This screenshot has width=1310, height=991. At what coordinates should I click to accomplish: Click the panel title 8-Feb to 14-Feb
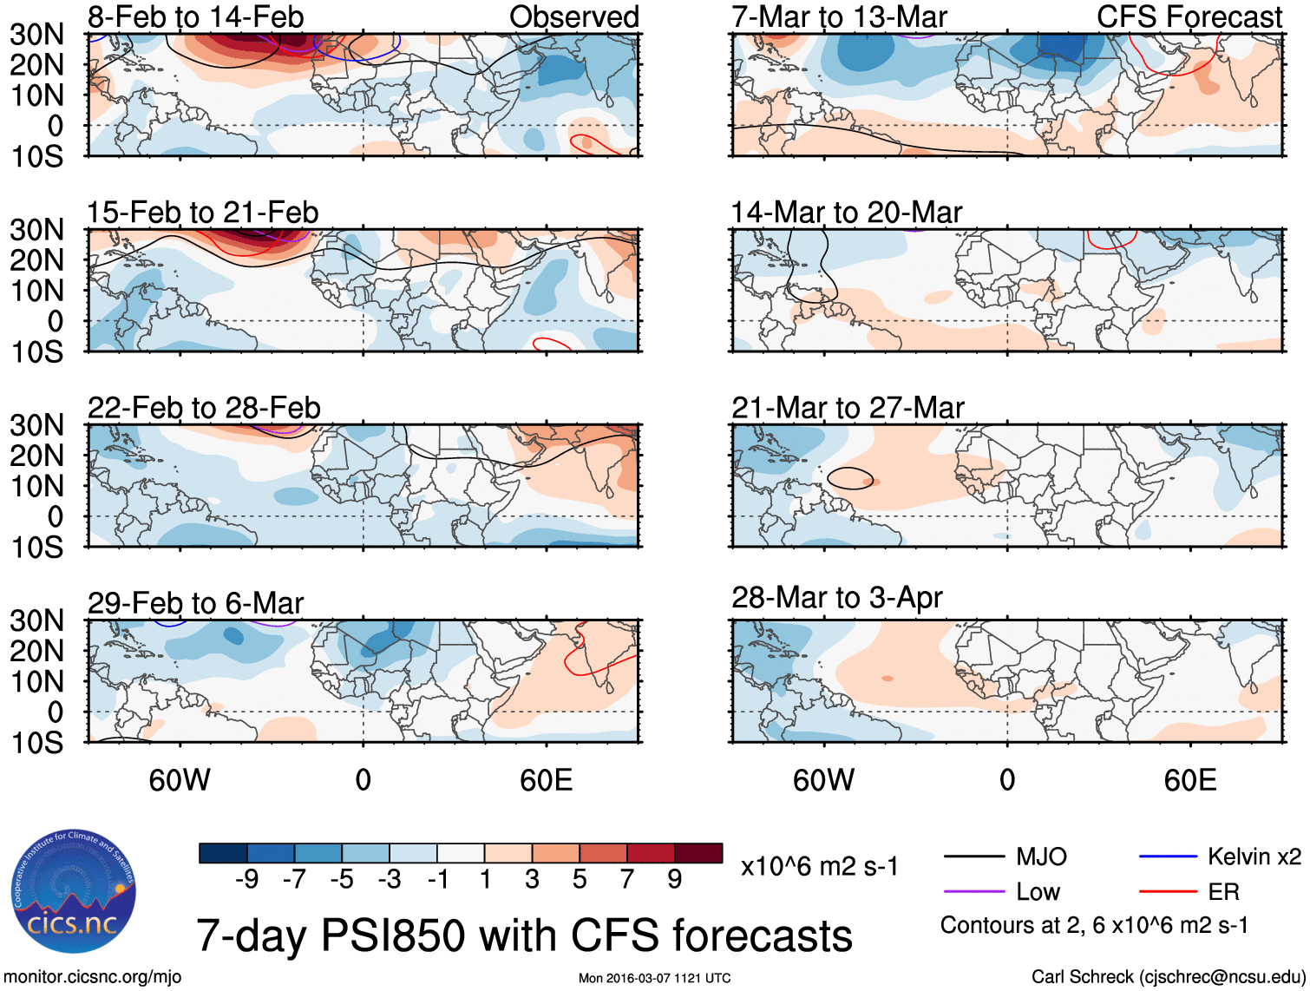point(196,16)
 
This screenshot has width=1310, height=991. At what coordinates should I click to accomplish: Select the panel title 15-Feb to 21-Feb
point(203,213)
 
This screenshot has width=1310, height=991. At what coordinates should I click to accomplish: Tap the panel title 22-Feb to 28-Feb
point(204,408)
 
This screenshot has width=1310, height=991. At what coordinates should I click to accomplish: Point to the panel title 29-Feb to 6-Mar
point(196,603)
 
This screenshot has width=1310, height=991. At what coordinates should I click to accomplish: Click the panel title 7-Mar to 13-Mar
point(839,16)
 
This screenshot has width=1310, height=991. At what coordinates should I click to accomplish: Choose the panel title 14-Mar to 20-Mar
point(847,213)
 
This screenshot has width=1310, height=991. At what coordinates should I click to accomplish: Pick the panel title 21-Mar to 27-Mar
point(848,408)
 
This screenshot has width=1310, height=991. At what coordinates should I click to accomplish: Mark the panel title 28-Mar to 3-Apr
point(837,598)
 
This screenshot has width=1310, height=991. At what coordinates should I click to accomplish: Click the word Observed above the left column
point(574,16)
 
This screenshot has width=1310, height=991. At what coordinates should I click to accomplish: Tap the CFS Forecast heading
point(1189,16)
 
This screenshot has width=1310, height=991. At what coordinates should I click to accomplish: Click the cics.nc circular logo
point(73,891)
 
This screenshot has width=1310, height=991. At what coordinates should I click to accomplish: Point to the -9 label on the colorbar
point(246,880)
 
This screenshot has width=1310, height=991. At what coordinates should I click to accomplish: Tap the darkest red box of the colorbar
point(698,853)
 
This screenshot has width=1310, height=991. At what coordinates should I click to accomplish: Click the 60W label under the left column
point(180,780)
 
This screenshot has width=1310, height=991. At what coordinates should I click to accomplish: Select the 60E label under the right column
point(1190,780)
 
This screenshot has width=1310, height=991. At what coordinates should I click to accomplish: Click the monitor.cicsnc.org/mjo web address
point(93,977)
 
